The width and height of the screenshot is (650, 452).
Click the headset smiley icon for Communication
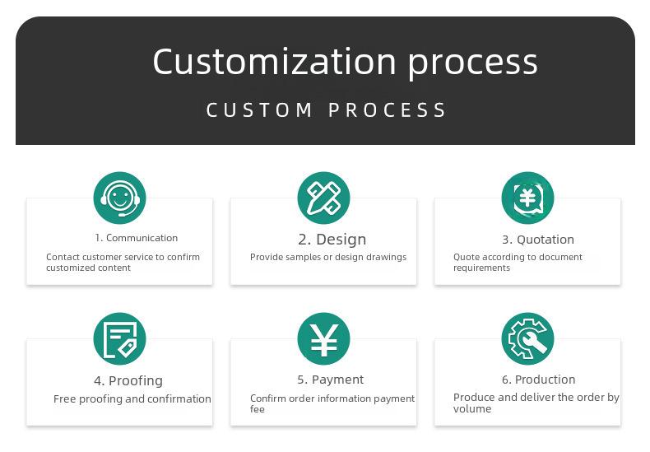tap(120, 198)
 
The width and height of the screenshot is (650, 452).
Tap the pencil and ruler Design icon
tap(323, 198)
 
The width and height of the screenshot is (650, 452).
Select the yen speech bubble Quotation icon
tap(527, 198)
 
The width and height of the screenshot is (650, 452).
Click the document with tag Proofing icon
tap(120, 338)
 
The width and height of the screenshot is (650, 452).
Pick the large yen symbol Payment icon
tap(323, 338)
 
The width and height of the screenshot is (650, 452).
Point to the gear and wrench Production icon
tap(527, 338)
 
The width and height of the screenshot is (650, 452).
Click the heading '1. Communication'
tap(136, 238)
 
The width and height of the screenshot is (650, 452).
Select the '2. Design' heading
tap(332, 240)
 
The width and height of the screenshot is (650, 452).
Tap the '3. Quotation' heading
tap(538, 240)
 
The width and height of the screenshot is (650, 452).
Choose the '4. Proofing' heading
tap(128, 380)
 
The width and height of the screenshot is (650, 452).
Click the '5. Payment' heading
tap(331, 380)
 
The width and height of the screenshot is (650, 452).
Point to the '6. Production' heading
tap(538, 380)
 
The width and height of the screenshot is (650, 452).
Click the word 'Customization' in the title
tap(275, 62)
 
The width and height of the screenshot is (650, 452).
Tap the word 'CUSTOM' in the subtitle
tap(259, 110)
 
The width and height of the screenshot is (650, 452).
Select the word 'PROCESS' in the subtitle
tap(388, 110)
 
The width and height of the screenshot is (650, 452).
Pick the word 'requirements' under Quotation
tap(481, 268)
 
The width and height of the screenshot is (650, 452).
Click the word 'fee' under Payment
tap(257, 409)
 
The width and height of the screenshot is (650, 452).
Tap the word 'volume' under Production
tap(472, 409)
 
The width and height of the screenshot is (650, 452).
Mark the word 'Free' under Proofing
tap(65, 399)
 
